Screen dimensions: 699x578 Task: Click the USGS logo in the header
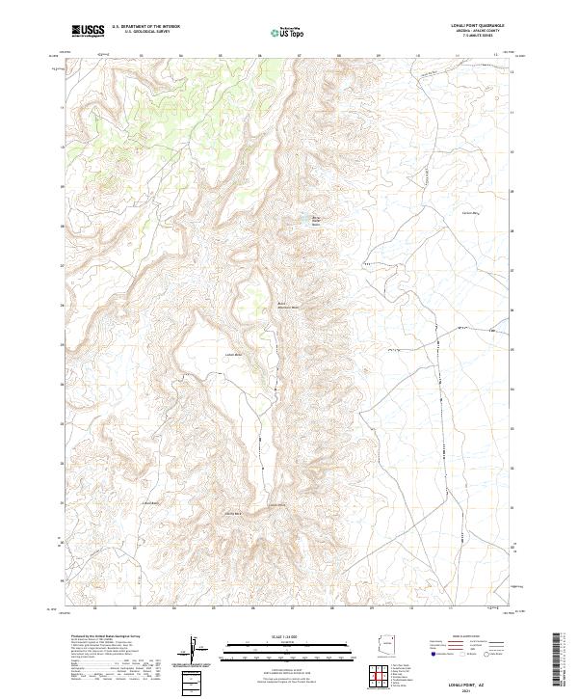(89, 31)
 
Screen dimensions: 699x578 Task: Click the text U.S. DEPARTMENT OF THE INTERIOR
(146, 27)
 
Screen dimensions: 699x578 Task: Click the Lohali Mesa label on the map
(232, 354)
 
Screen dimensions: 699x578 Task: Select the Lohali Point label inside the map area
(277, 504)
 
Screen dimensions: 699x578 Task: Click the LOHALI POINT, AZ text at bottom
(468, 683)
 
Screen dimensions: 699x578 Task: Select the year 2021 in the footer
(468, 689)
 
